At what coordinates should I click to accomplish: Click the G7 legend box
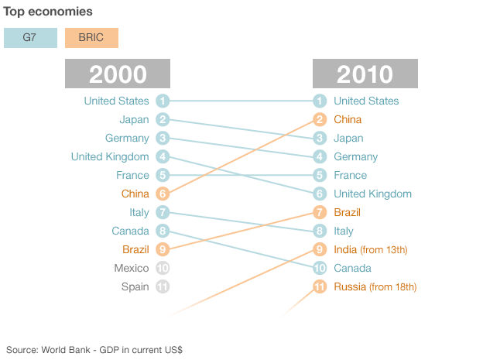click(30, 38)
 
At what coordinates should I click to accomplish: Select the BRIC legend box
click(91, 38)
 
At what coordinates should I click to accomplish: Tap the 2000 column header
click(118, 74)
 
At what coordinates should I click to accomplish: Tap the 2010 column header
click(365, 74)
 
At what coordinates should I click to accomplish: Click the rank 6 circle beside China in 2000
click(163, 194)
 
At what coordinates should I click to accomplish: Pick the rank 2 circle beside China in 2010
click(320, 120)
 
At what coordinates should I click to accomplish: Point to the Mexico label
click(132, 269)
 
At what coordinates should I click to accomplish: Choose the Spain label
click(135, 287)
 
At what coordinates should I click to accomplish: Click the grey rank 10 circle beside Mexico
click(163, 269)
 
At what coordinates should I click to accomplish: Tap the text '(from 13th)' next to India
click(384, 250)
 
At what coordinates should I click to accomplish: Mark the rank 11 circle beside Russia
click(320, 287)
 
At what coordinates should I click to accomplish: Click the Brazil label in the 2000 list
click(135, 250)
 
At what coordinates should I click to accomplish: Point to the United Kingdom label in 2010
click(372, 194)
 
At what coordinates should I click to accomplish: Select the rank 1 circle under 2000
click(163, 101)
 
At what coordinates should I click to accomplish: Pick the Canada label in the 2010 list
click(352, 269)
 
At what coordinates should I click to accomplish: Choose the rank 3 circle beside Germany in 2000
click(163, 139)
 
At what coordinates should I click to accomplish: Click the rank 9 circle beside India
click(320, 250)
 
